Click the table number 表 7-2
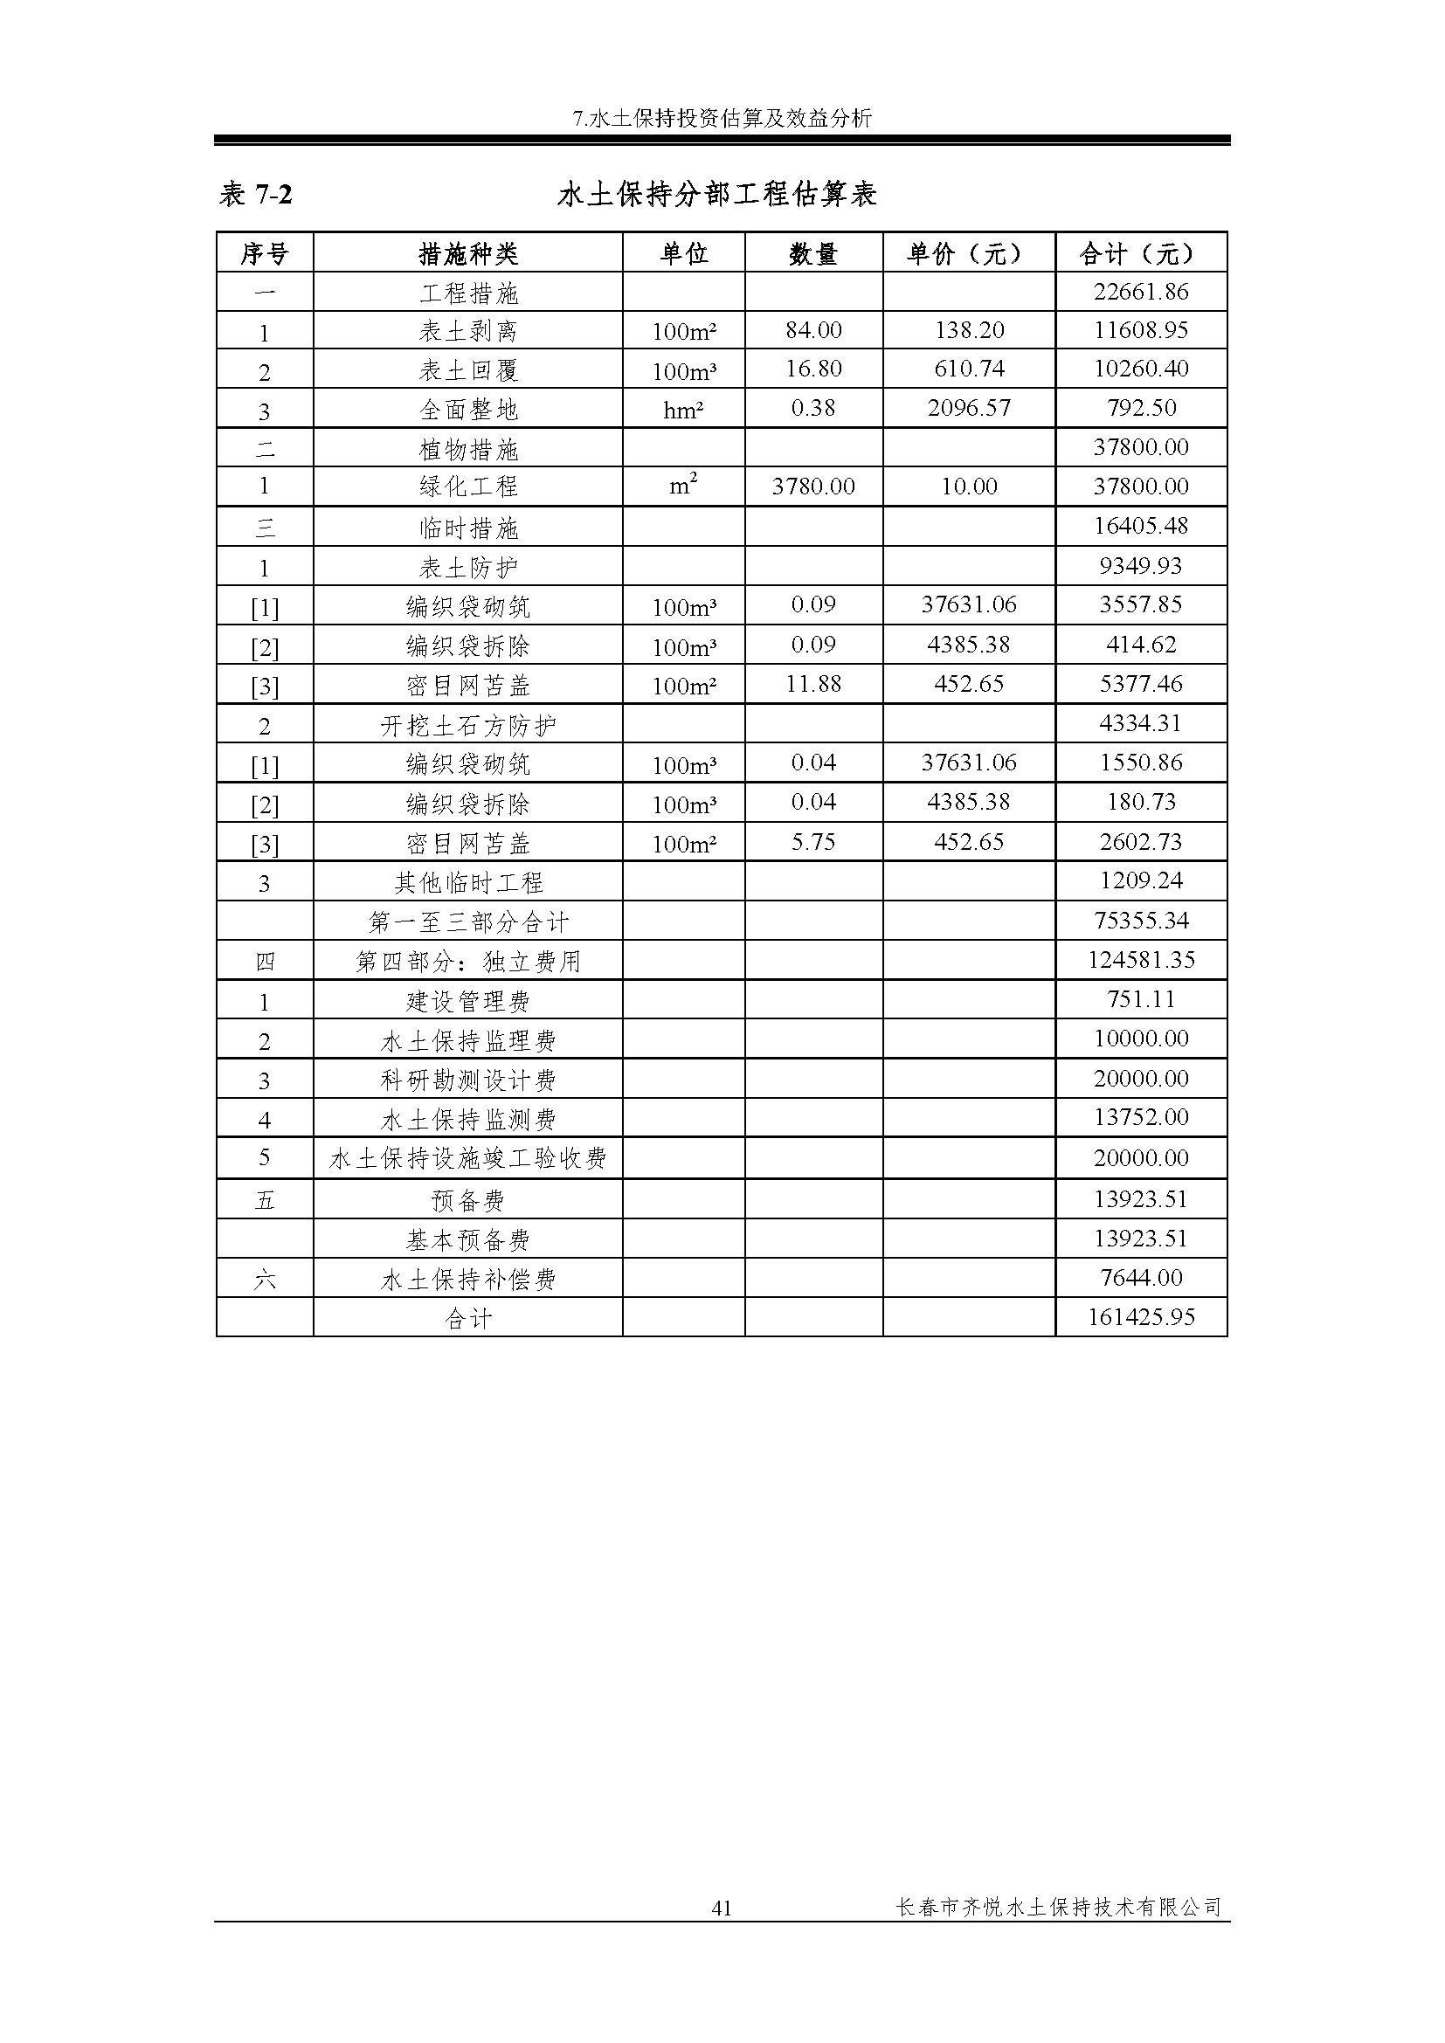pyautogui.click(x=256, y=194)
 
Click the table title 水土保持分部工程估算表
pyautogui.click(x=717, y=194)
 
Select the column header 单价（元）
pyautogui.click(x=968, y=254)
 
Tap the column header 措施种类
pyautogui.click(x=468, y=254)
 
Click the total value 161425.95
pyautogui.click(x=1141, y=1317)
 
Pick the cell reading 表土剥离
pyautogui.click(x=468, y=331)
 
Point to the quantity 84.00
pyautogui.click(x=813, y=330)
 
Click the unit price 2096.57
pyautogui.click(x=968, y=409)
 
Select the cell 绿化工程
pyautogui.click(x=468, y=487)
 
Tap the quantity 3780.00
pyautogui.click(x=813, y=487)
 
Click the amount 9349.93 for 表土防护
pyautogui.click(x=1141, y=566)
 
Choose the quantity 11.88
pyautogui.click(x=813, y=684)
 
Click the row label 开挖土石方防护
pyautogui.click(x=468, y=726)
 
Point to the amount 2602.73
pyautogui.click(x=1141, y=842)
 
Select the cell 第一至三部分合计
pyautogui.click(x=468, y=921)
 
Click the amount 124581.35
pyautogui.click(x=1141, y=960)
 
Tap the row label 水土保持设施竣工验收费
pyautogui.click(x=468, y=1158)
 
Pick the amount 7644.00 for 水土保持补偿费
pyautogui.click(x=1141, y=1278)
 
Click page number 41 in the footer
pyautogui.click(x=722, y=1907)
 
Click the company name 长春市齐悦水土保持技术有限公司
pyautogui.click(x=1058, y=1907)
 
